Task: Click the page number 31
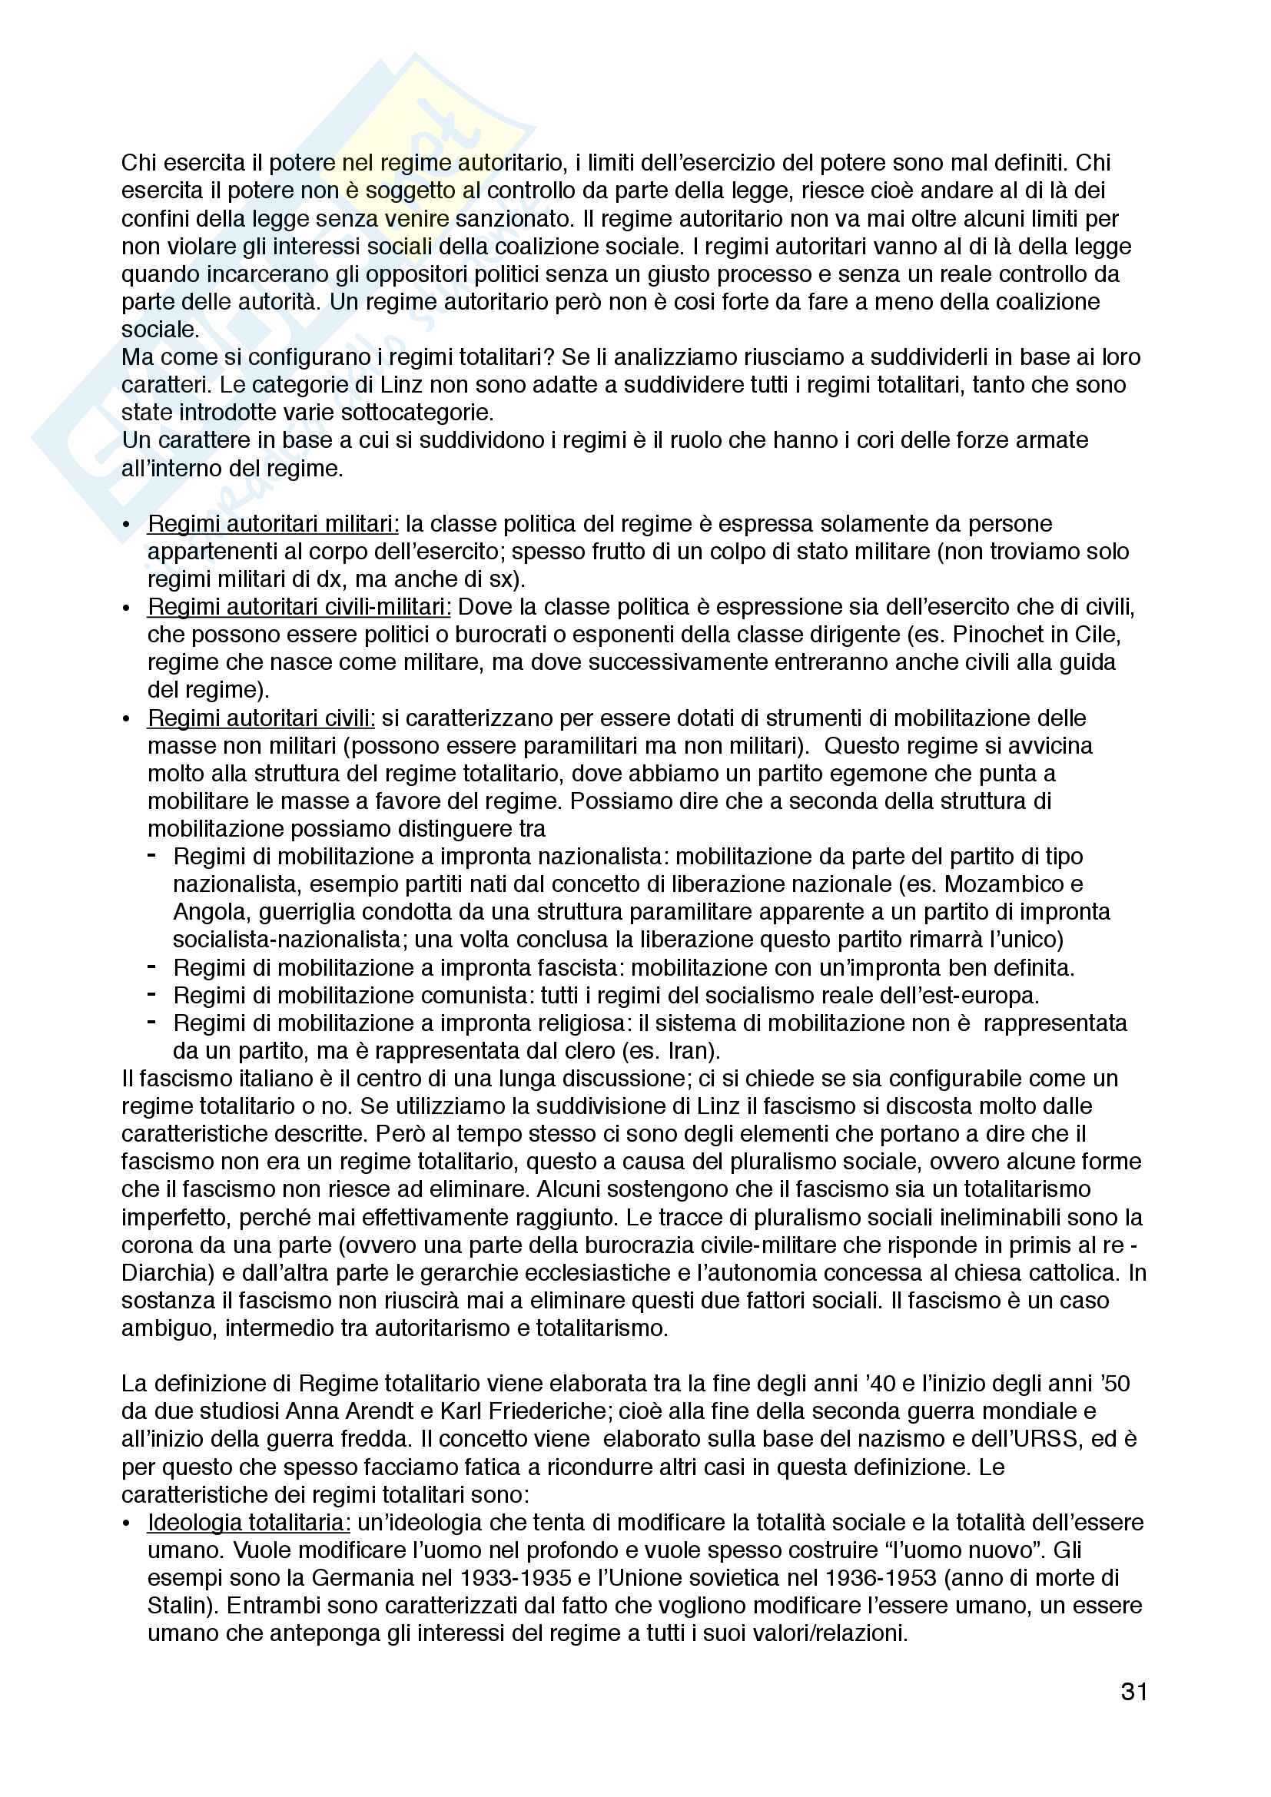click(x=1134, y=1692)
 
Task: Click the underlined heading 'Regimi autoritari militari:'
click(x=273, y=524)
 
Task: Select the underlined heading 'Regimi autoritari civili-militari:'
click(x=299, y=607)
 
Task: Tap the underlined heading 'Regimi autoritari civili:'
click(x=261, y=718)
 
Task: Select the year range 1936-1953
click(x=874, y=1578)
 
